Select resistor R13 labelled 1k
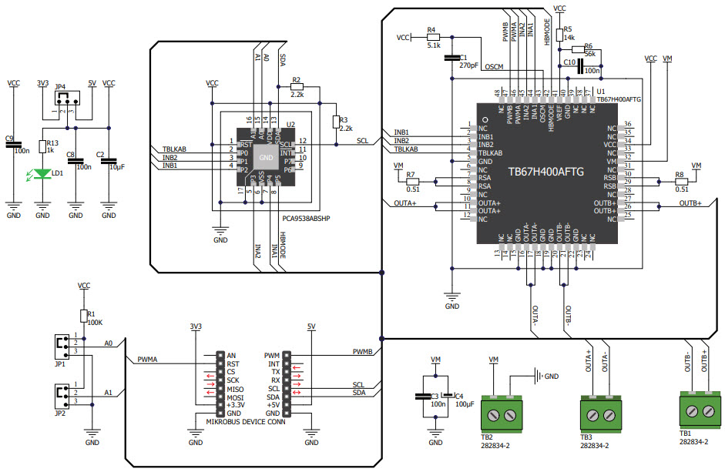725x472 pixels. tap(42, 147)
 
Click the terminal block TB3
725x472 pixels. tap(600, 413)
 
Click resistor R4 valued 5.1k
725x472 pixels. tap(432, 36)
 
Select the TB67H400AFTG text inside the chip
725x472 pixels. tap(545, 172)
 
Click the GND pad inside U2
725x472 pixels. tap(266, 157)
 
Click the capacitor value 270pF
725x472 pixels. tap(469, 65)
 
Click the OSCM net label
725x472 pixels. tap(493, 67)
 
